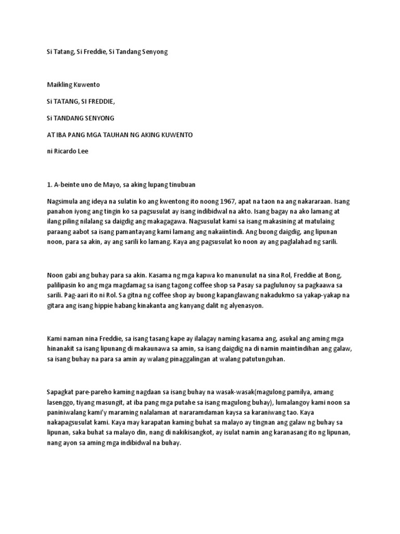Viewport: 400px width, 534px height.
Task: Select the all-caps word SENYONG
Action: point(99,117)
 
